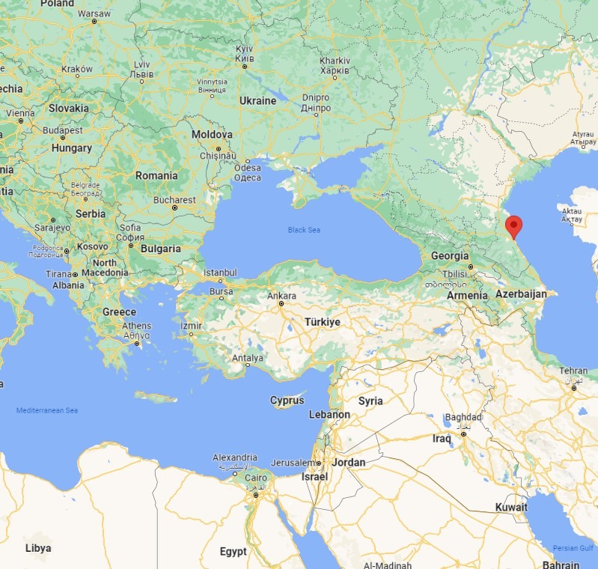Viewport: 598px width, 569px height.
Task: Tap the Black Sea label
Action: pyautogui.click(x=304, y=230)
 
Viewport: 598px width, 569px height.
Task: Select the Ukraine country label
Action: pyautogui.click(x=257, y=100)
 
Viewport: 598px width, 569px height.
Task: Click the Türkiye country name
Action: pyautogui.click(x=322, y=322)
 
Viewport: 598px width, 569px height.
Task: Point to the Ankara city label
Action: pyautogui.click(x=284, y=296)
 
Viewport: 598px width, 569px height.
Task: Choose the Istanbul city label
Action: pyautogui.click(x=221, y=273)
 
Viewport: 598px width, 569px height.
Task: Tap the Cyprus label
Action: pyautogui.click(x=287, y=400)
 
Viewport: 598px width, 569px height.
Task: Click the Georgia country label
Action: pyautogui.click(x=450, y=256)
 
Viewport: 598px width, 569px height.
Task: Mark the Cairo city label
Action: pyautogui.click(x=256, y=478)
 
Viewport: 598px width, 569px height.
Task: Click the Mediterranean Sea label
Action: pyautogui.click(x=47, y=410)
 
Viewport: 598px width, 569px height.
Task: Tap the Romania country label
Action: pyautogui.click(x=156, y=176)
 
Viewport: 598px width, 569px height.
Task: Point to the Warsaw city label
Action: pyautogui.click(x=94, y=13)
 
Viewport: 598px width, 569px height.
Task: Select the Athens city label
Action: pyautogui.click(x=136, y=326)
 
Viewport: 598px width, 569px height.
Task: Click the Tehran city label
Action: pyautogui.click(x=574, y=371)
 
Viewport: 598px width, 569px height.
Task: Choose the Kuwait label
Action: pyautogui.click(x=511, y=508)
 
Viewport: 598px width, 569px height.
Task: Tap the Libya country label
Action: pyautogui.click(x=38, y=548)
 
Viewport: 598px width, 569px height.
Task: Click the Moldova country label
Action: pyautogui.click(x=212, y=135)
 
